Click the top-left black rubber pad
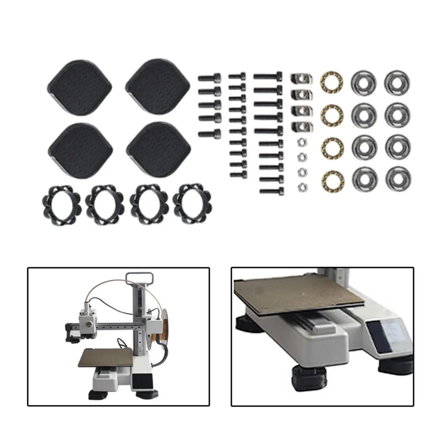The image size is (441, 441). (80, 87)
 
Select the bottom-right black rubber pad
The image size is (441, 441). (159, 150)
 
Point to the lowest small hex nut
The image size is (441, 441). (303, 187)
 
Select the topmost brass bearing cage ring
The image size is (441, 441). (331, 81)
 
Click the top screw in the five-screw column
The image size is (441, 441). (210, 78)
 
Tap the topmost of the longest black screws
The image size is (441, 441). (268, 76)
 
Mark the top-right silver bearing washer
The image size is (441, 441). (397, 82)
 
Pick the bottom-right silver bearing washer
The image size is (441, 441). (398, 179)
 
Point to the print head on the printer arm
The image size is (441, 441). (87, 320)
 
